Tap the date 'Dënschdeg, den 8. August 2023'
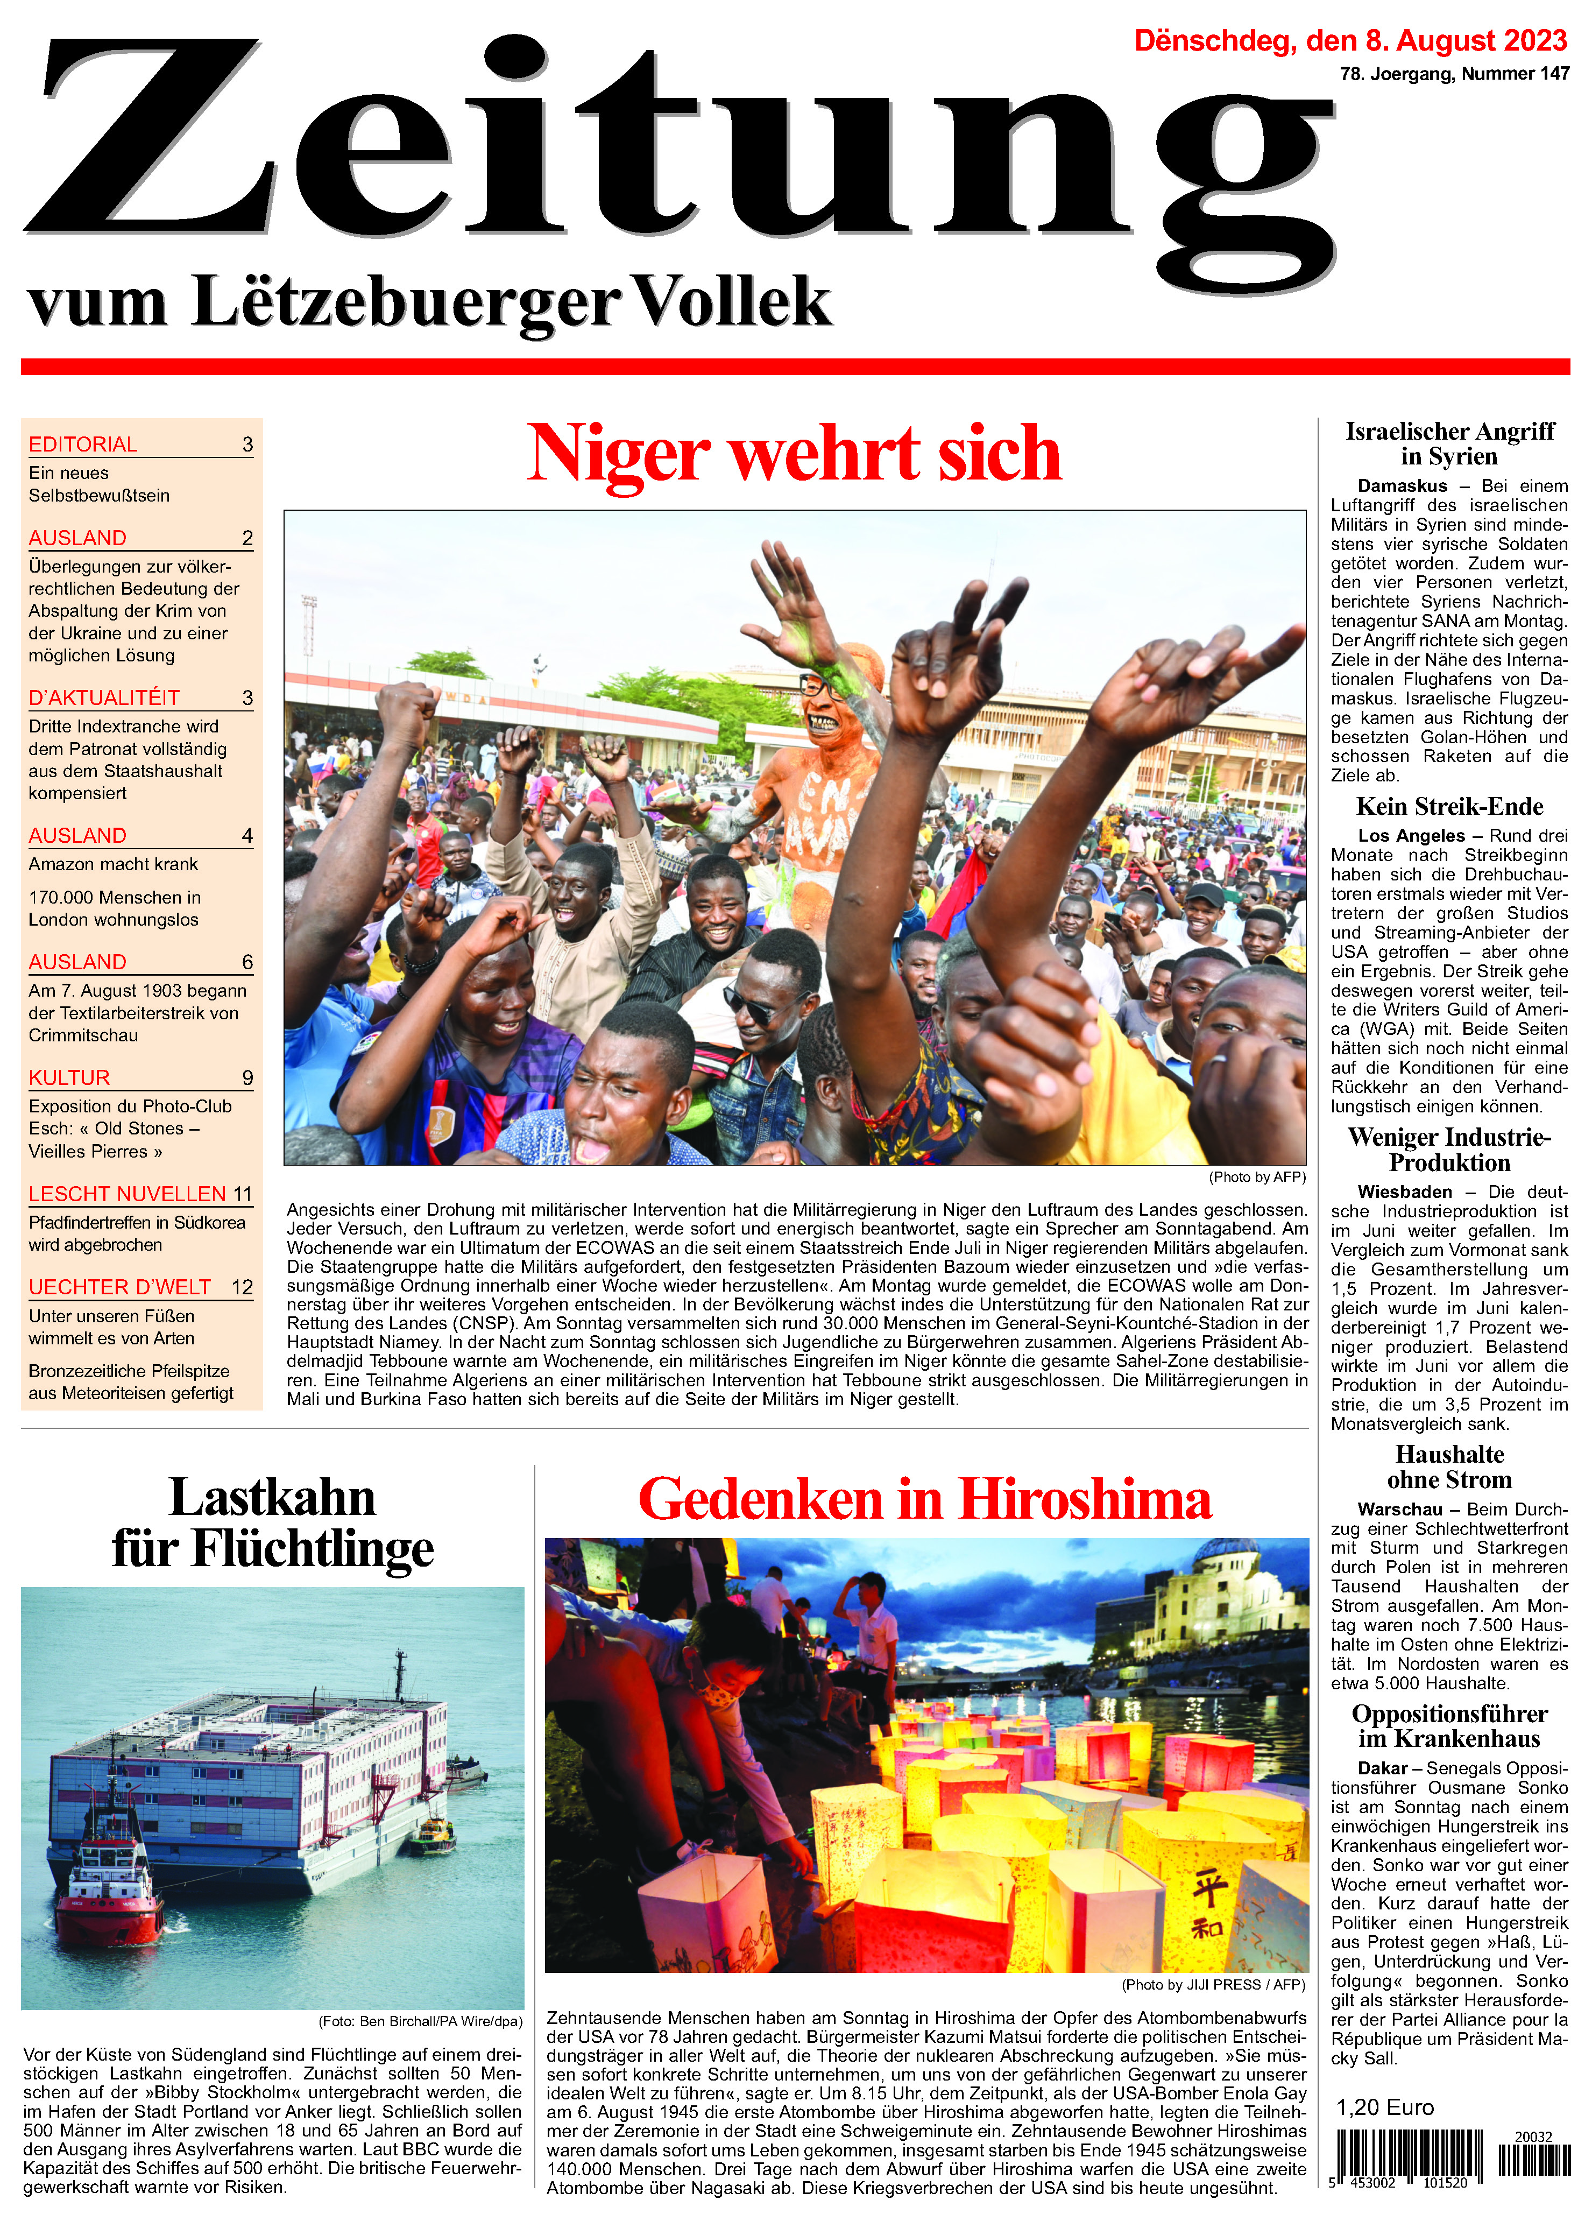click(1350, 41)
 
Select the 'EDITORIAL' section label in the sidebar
click(83, 444)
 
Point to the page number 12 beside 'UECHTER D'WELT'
click(242, 1288)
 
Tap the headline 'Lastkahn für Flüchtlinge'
click(272, 1524)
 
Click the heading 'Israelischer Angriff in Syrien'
click(1449, 444)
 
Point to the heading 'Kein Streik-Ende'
click(1449, 806)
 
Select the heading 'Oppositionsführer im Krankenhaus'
click(1449, 1726)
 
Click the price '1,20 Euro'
click(1385, 2107)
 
